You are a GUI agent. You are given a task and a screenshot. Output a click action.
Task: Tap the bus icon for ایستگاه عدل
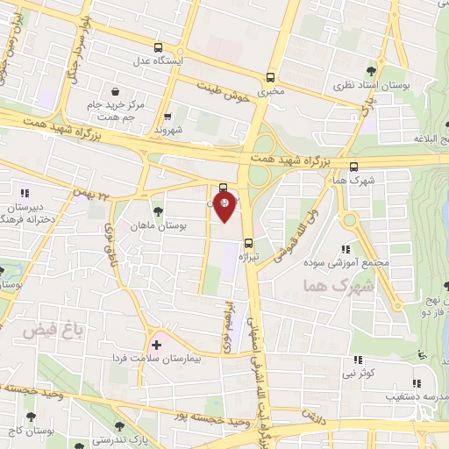[x=158, y=48]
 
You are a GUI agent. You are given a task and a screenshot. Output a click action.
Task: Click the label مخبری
[x=271, y=90]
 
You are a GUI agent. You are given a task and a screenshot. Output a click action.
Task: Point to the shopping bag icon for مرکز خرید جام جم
[x=116, y=90]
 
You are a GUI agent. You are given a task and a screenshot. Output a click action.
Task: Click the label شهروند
[x=167, y=130]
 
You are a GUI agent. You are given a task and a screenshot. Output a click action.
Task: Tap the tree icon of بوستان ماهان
[x=158, y=210]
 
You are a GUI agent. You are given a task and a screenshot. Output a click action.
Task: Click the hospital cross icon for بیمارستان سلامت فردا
[x=157, y=344]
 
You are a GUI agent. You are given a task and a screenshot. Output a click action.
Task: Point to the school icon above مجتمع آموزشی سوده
[x=355, y=249]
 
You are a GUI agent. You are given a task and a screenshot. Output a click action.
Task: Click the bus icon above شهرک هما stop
[x=353, y=166]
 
